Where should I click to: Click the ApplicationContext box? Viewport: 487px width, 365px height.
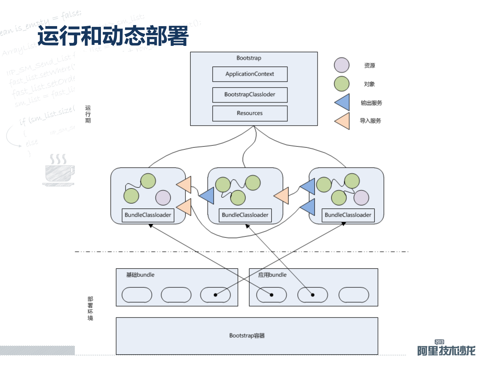[x=250, y=74]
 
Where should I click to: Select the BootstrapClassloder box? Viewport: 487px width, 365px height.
[x=250, y=95]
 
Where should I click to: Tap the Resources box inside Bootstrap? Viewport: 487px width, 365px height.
[x=250, y=113]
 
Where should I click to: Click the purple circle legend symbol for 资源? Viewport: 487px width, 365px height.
[x=341, y=65]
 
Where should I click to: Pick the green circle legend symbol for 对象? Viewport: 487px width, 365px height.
[x=341, y=84]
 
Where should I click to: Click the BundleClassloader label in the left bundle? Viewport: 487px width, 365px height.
[x=148, y=215]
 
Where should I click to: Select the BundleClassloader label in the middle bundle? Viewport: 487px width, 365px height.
[x=245, y=215]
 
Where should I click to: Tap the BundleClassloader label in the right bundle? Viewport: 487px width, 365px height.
[x=348, y=215]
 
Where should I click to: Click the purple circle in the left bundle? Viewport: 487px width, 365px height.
[x=163, y=198]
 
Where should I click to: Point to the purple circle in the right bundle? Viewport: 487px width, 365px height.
[x=361, y=198]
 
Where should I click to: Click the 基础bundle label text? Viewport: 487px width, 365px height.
[x=140, y=275]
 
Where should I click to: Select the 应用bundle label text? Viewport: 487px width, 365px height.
[x=272, y=275]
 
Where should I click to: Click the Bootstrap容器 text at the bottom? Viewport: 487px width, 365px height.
[x=247, y=336]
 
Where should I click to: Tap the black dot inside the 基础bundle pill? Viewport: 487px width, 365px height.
[x=215, y=295]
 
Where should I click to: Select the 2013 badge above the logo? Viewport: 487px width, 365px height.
[x=439, y=342]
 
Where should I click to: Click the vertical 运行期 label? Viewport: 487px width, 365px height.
[x=88, y=114]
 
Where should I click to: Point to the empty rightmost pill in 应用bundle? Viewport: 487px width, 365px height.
[x=354, y=295]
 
